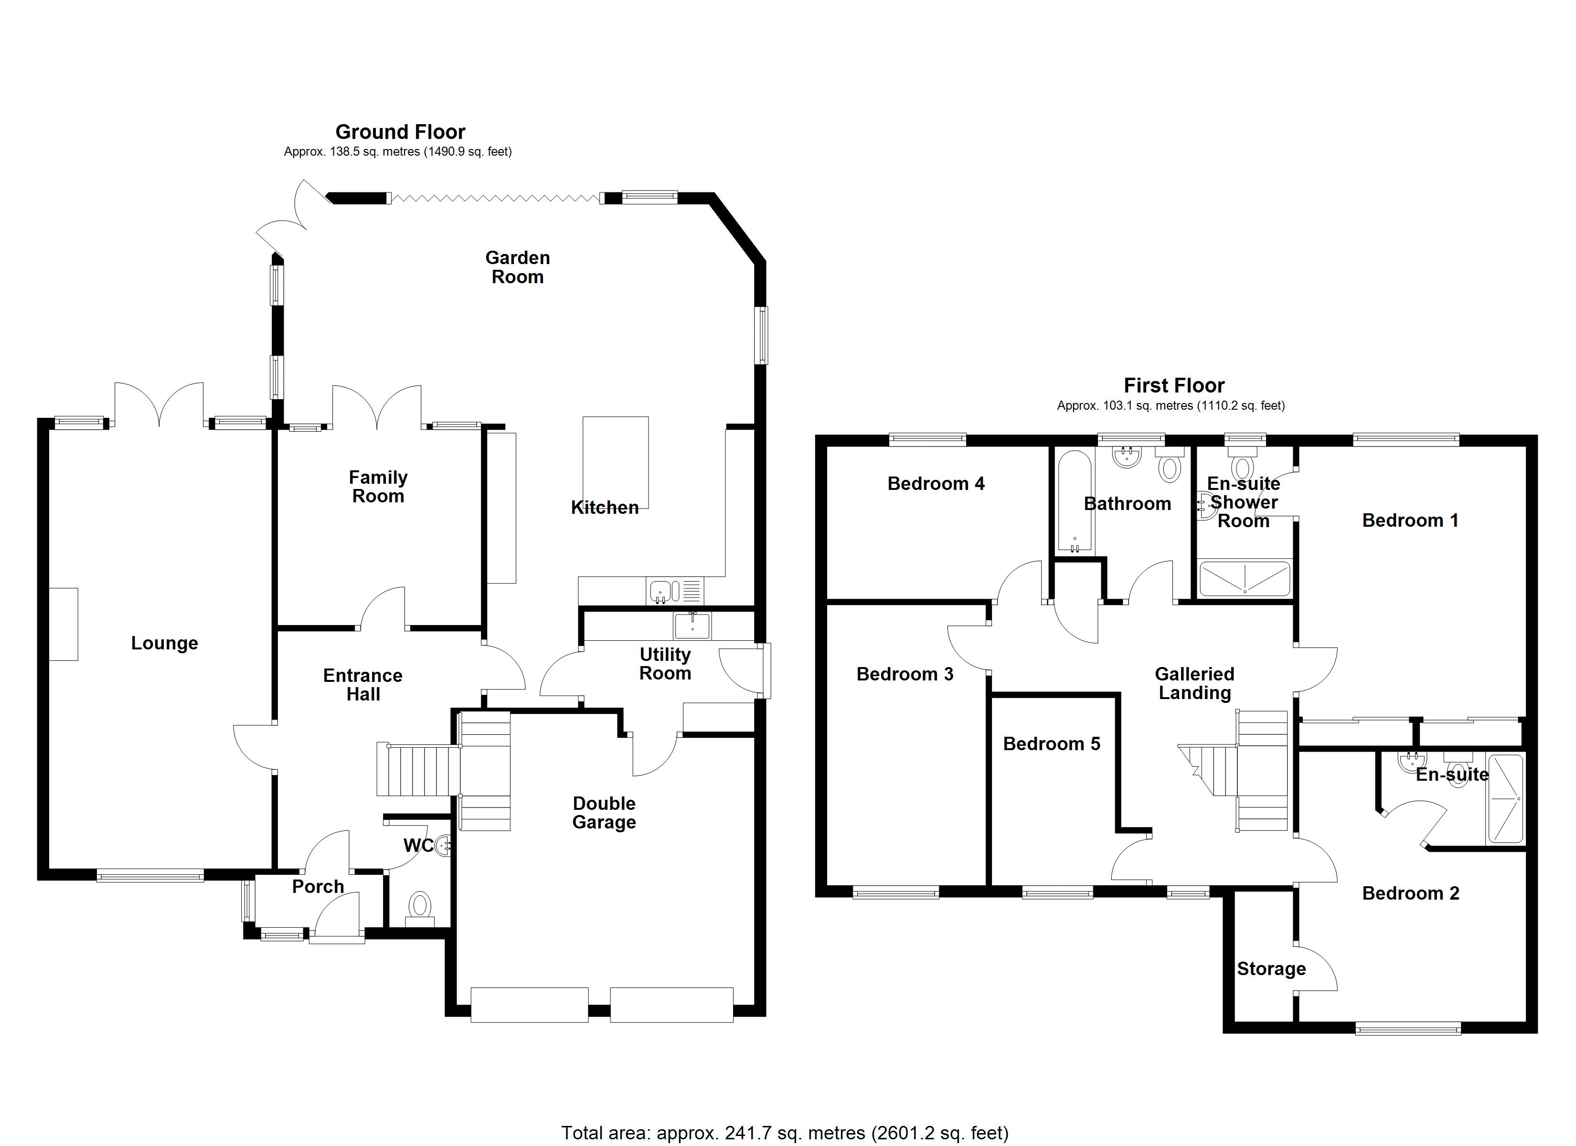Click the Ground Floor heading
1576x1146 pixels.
400,132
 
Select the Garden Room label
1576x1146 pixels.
517,267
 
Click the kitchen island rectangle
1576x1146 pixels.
615,462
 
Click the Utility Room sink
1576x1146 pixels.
692,626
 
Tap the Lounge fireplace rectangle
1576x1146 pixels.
63,624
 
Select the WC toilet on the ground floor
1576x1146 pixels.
419,906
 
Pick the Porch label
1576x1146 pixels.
318,887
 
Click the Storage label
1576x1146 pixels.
1271,969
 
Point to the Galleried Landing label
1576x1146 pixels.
1194,683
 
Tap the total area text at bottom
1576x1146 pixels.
785,1133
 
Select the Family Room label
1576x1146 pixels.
378,487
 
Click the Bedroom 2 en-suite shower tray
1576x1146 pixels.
1504,799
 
